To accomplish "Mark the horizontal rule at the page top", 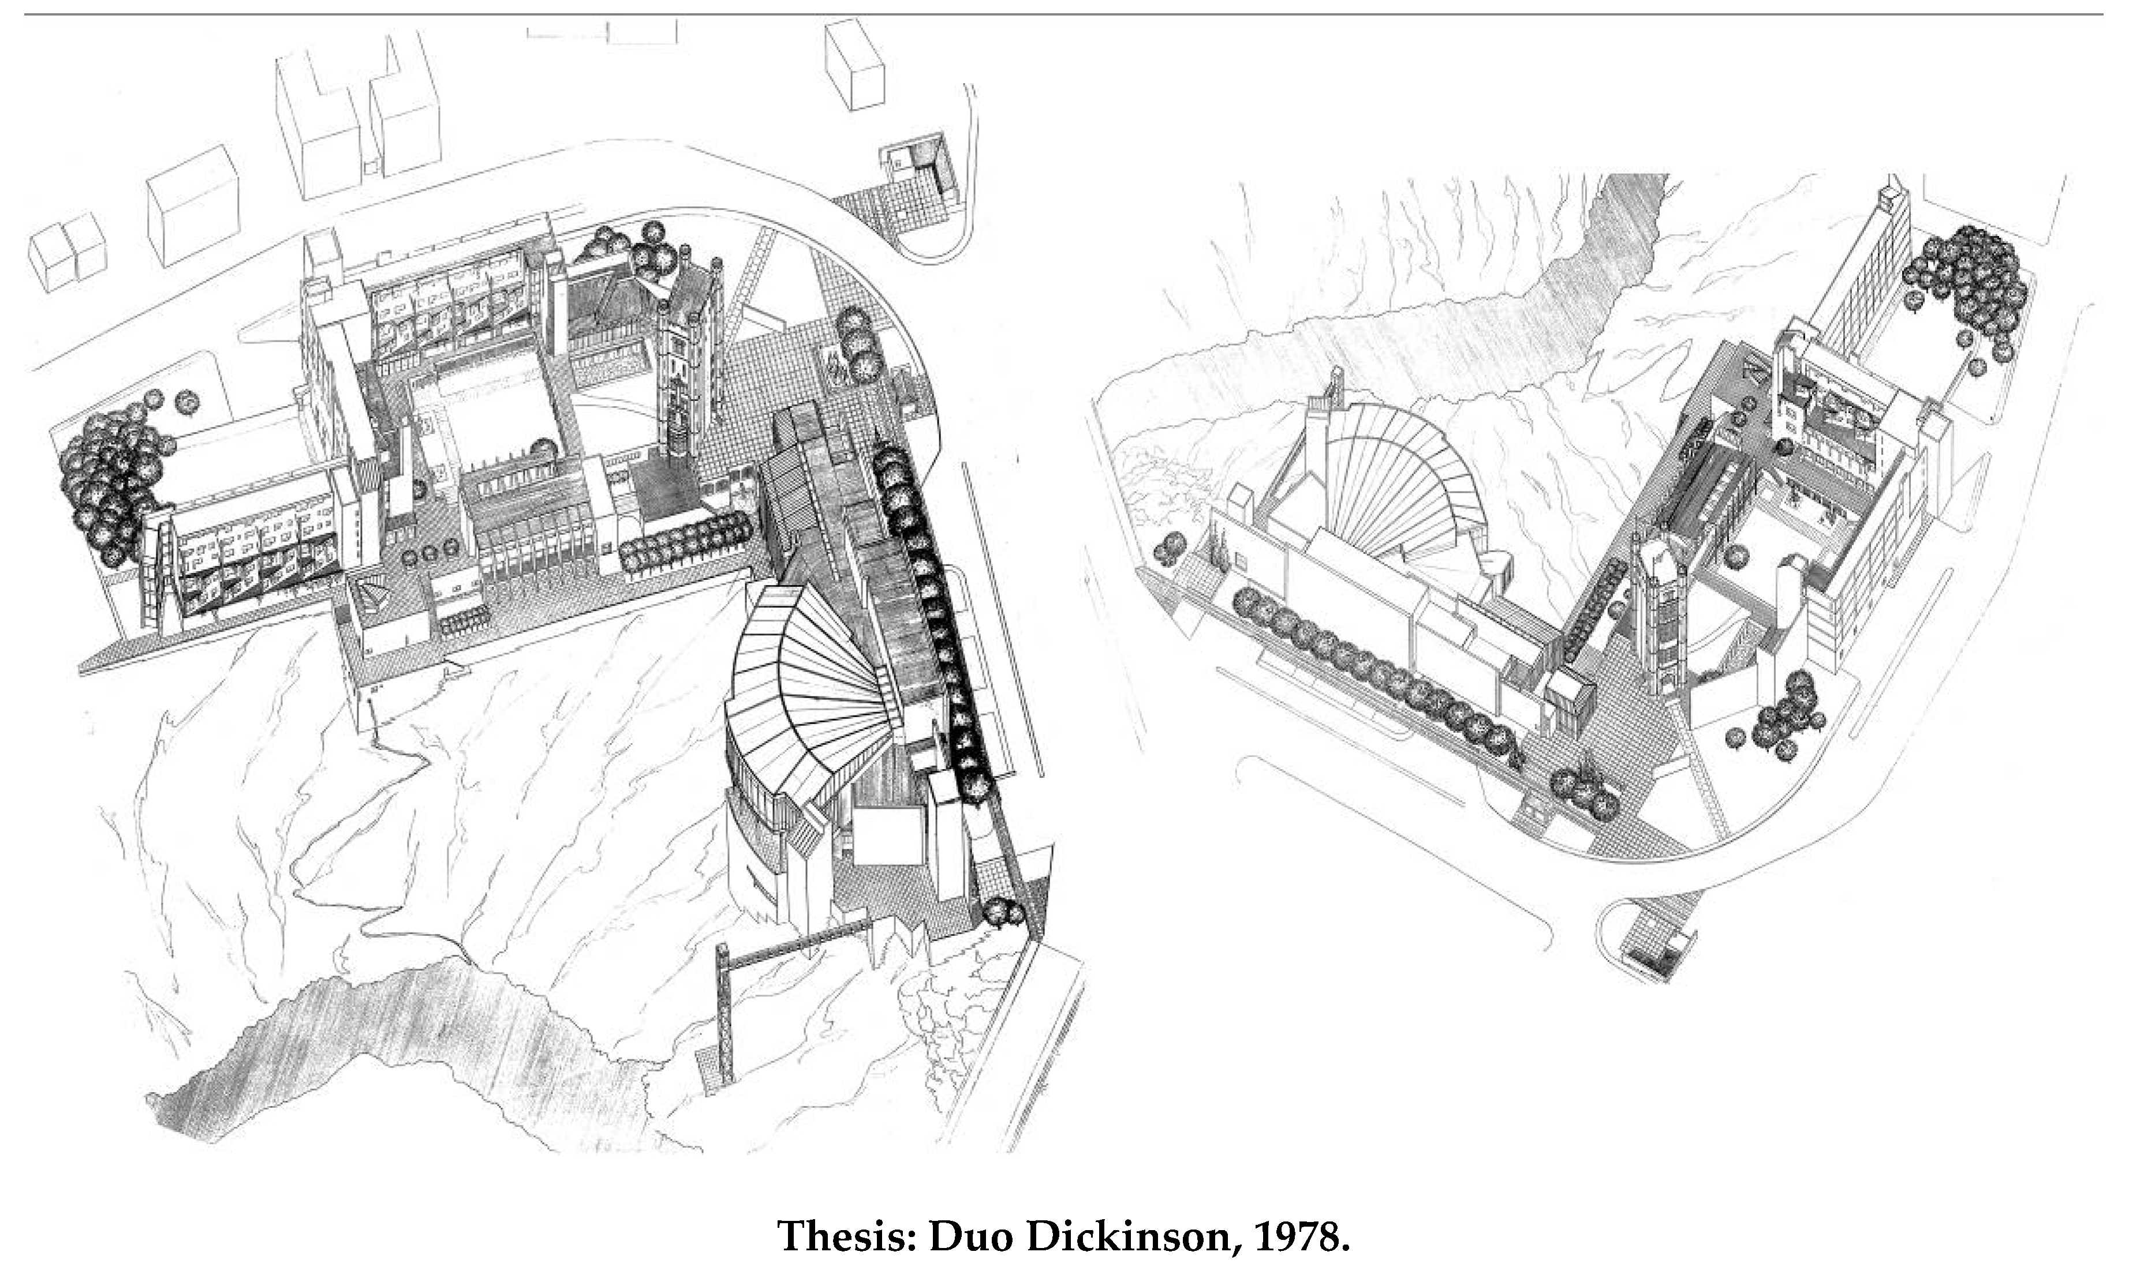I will click(1064, 14).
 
